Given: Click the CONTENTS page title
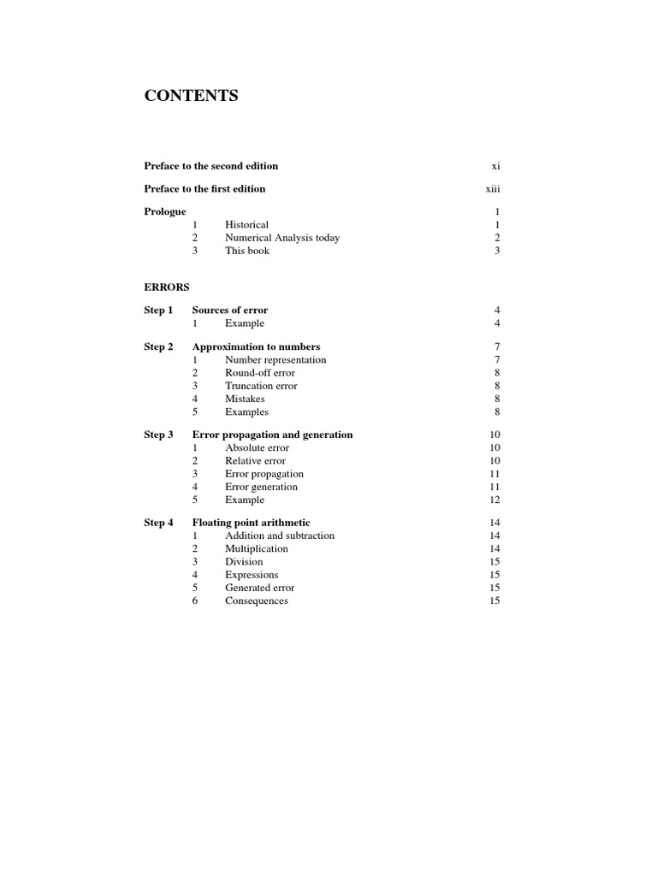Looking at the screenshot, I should pyautogui.click(x=191, y=96).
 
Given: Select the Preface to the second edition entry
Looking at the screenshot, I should pyautogui.click(x=210, y=166).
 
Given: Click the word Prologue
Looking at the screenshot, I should pyautogui.click(x=165, y=211).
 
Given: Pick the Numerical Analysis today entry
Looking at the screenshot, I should pyautogui.click(x=282, y=238).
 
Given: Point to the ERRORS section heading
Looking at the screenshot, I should pyautogui.click(x=167, y=287).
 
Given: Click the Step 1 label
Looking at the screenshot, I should pyautogui.click(x=158, y=310).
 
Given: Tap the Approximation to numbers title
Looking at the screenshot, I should pyautogui.click(x=256, y=346).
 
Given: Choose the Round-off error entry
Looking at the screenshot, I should pyautogui.click(x=260, y=373).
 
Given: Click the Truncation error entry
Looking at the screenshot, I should pyautogui.click(x=261, y=386).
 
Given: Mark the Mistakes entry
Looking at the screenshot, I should pyautogui.click(x=245, y=399).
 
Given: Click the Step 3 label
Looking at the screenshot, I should pyautogui.click(x=158, y=435).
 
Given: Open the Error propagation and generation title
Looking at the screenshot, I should pyautogui.click(x=272, y=435).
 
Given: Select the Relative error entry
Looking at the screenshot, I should pyautogui.click(x=255, y=460).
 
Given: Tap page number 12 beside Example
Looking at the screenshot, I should pyautogui.click(x=494, y=500).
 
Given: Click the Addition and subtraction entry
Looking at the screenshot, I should pyautogui.click(x=280, y=536).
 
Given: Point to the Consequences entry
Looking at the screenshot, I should pyautogui.click(x=257, y=601).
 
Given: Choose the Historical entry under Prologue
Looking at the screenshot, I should pyautogui.click(x=246, y=225).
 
